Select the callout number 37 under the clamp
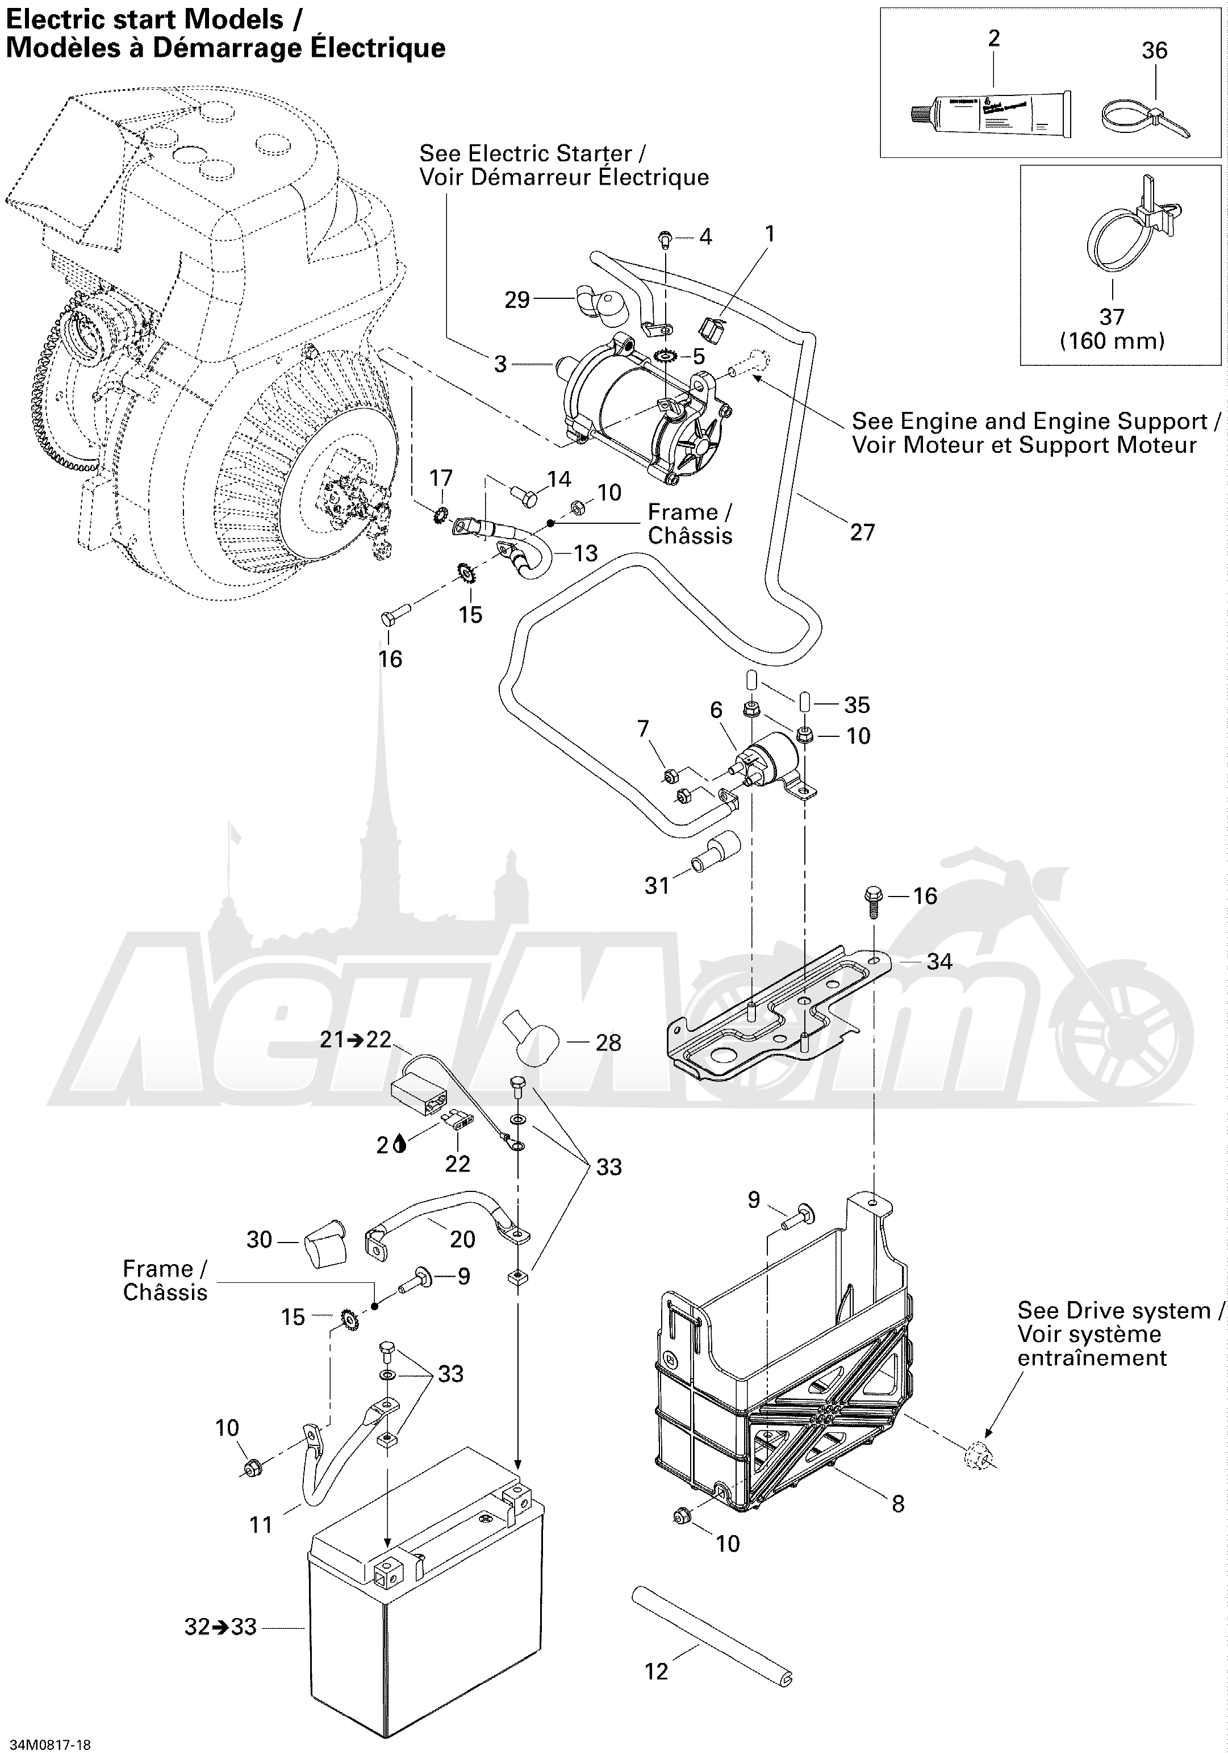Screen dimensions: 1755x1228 coord(1112,316)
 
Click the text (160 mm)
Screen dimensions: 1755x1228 coord(1112,341)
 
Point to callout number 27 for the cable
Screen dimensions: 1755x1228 coord(862,532)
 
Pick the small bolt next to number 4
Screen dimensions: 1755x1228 coord(665,239)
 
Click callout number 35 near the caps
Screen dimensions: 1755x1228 coord(857,704)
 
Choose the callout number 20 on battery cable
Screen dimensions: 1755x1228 coord(462,1239)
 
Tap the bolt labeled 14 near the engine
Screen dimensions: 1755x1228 coord(521,493)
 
